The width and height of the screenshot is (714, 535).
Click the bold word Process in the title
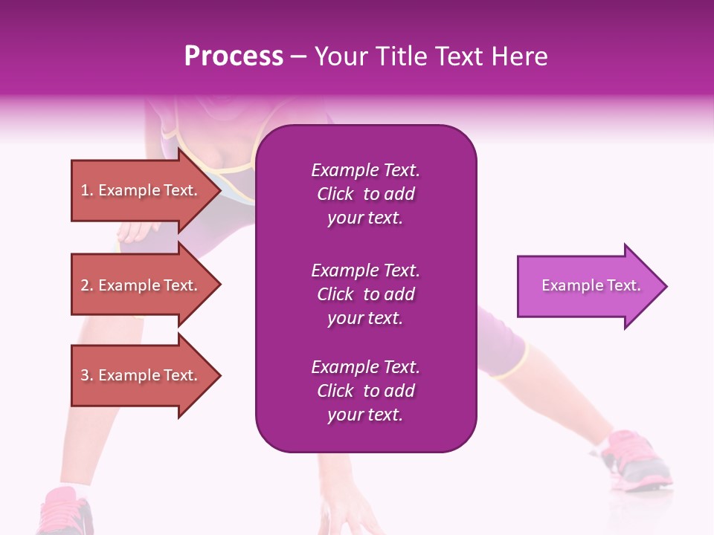(234, 56)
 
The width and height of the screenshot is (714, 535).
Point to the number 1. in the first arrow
(87, 191)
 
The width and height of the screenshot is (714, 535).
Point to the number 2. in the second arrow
(87, 286)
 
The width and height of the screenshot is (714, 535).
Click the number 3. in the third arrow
(87, 376)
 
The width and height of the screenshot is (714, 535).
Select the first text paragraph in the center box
(365, 194)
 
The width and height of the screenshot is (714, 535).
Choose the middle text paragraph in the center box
(365, 294)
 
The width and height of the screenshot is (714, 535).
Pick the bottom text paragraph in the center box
(365, 391)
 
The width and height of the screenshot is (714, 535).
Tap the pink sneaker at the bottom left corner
(67, 513)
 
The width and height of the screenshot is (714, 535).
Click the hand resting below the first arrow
(134, 232)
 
